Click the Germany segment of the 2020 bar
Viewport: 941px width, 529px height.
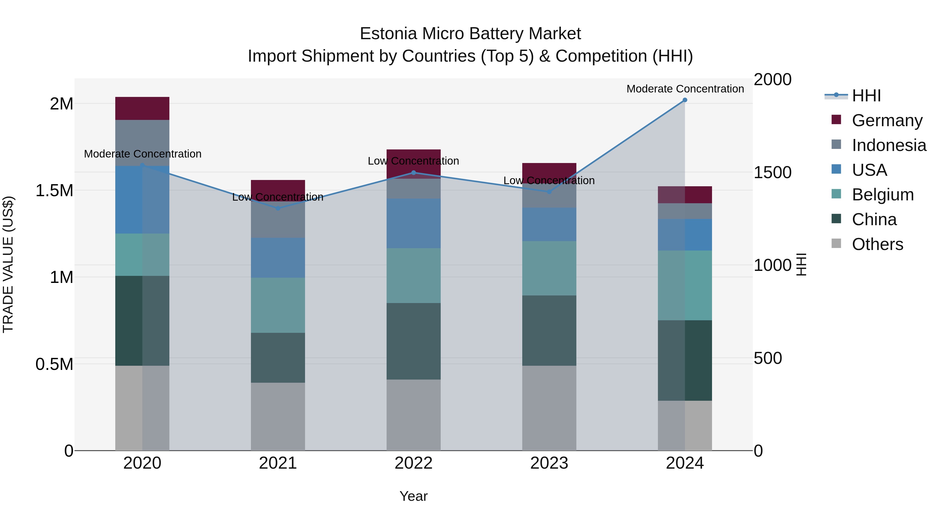tap(142, 108)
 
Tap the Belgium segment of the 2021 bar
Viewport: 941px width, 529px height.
tap(278, 305)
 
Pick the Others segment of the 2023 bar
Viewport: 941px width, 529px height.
tap(549, 408)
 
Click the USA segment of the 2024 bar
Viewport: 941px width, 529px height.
tap(685, 235)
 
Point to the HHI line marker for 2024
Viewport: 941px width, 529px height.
tap(685, 100)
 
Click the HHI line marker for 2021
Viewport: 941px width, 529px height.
tap(278, 208)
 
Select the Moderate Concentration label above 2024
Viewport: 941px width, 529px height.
tap(685, 89)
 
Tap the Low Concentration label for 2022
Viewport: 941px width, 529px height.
tap(413, 161)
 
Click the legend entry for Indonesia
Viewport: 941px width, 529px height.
tap(889, 145)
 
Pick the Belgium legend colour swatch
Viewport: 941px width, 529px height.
tap(836, 194)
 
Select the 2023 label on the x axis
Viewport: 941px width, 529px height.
tap(549, 463)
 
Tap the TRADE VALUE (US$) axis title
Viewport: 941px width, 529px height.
tap(8, 264)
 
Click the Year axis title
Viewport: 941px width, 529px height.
tap(413, 496)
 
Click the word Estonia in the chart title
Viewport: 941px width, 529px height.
tap(388, 34)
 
